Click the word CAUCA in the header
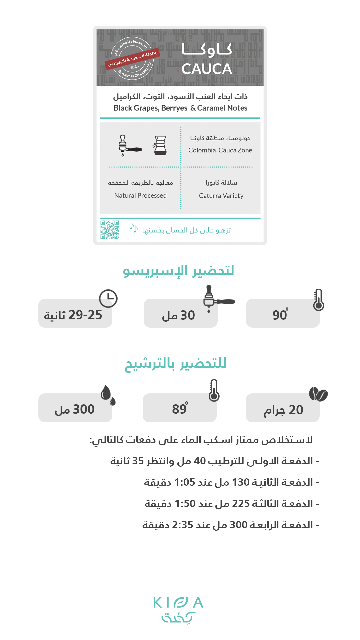click(207, 69)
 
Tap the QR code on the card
click(110, 230)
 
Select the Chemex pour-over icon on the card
click(160, 145)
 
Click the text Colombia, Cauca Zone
click(220, 150)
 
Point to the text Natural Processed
click(140, 196)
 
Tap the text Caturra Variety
click(221, 196)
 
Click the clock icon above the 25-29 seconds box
click(108, 298)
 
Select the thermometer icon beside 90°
click(319, 300)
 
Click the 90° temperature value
click(280, 315)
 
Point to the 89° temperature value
click(180, 409)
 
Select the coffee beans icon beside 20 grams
click(318, 394)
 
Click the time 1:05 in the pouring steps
click(185, 482)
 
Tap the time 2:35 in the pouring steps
click(182, 525)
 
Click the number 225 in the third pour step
click(241, 504)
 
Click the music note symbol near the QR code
click(134, 228)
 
